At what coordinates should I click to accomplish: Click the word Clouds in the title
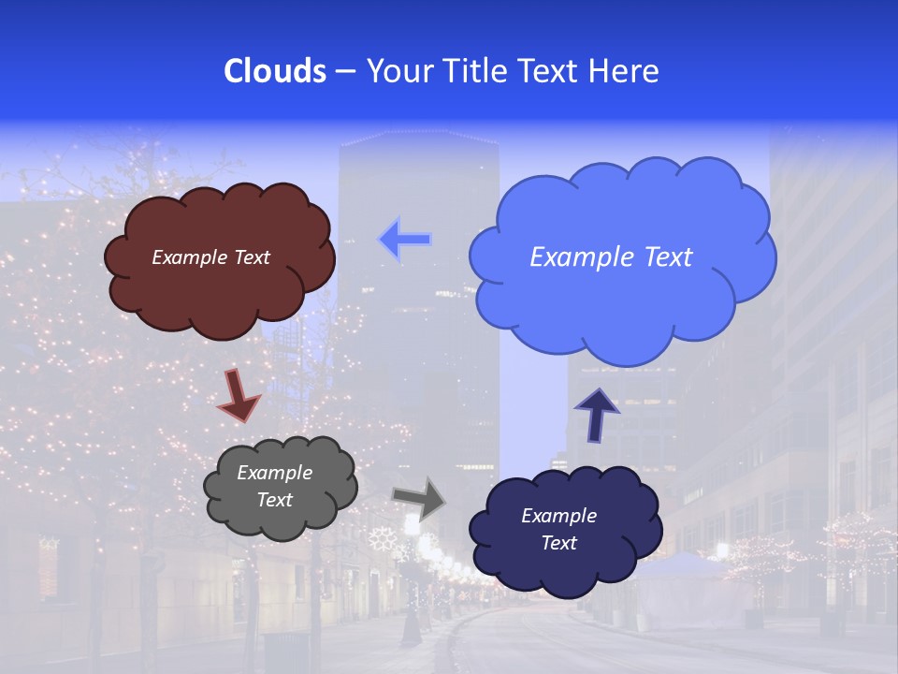(275, 71)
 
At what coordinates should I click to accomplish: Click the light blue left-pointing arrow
(405, 240)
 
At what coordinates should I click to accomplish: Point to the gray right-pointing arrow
(418, 498)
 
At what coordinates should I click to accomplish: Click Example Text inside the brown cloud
(210, 257)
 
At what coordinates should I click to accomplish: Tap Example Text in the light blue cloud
(611, 257)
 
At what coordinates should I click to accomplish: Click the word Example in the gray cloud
(274, 473)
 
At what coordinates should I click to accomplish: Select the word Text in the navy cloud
(558, 544)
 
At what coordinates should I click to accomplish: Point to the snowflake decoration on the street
(382, 538)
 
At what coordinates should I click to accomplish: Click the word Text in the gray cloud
(274, 500)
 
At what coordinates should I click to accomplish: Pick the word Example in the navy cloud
(558, 516)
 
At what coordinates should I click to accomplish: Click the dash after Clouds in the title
(345, 72)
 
